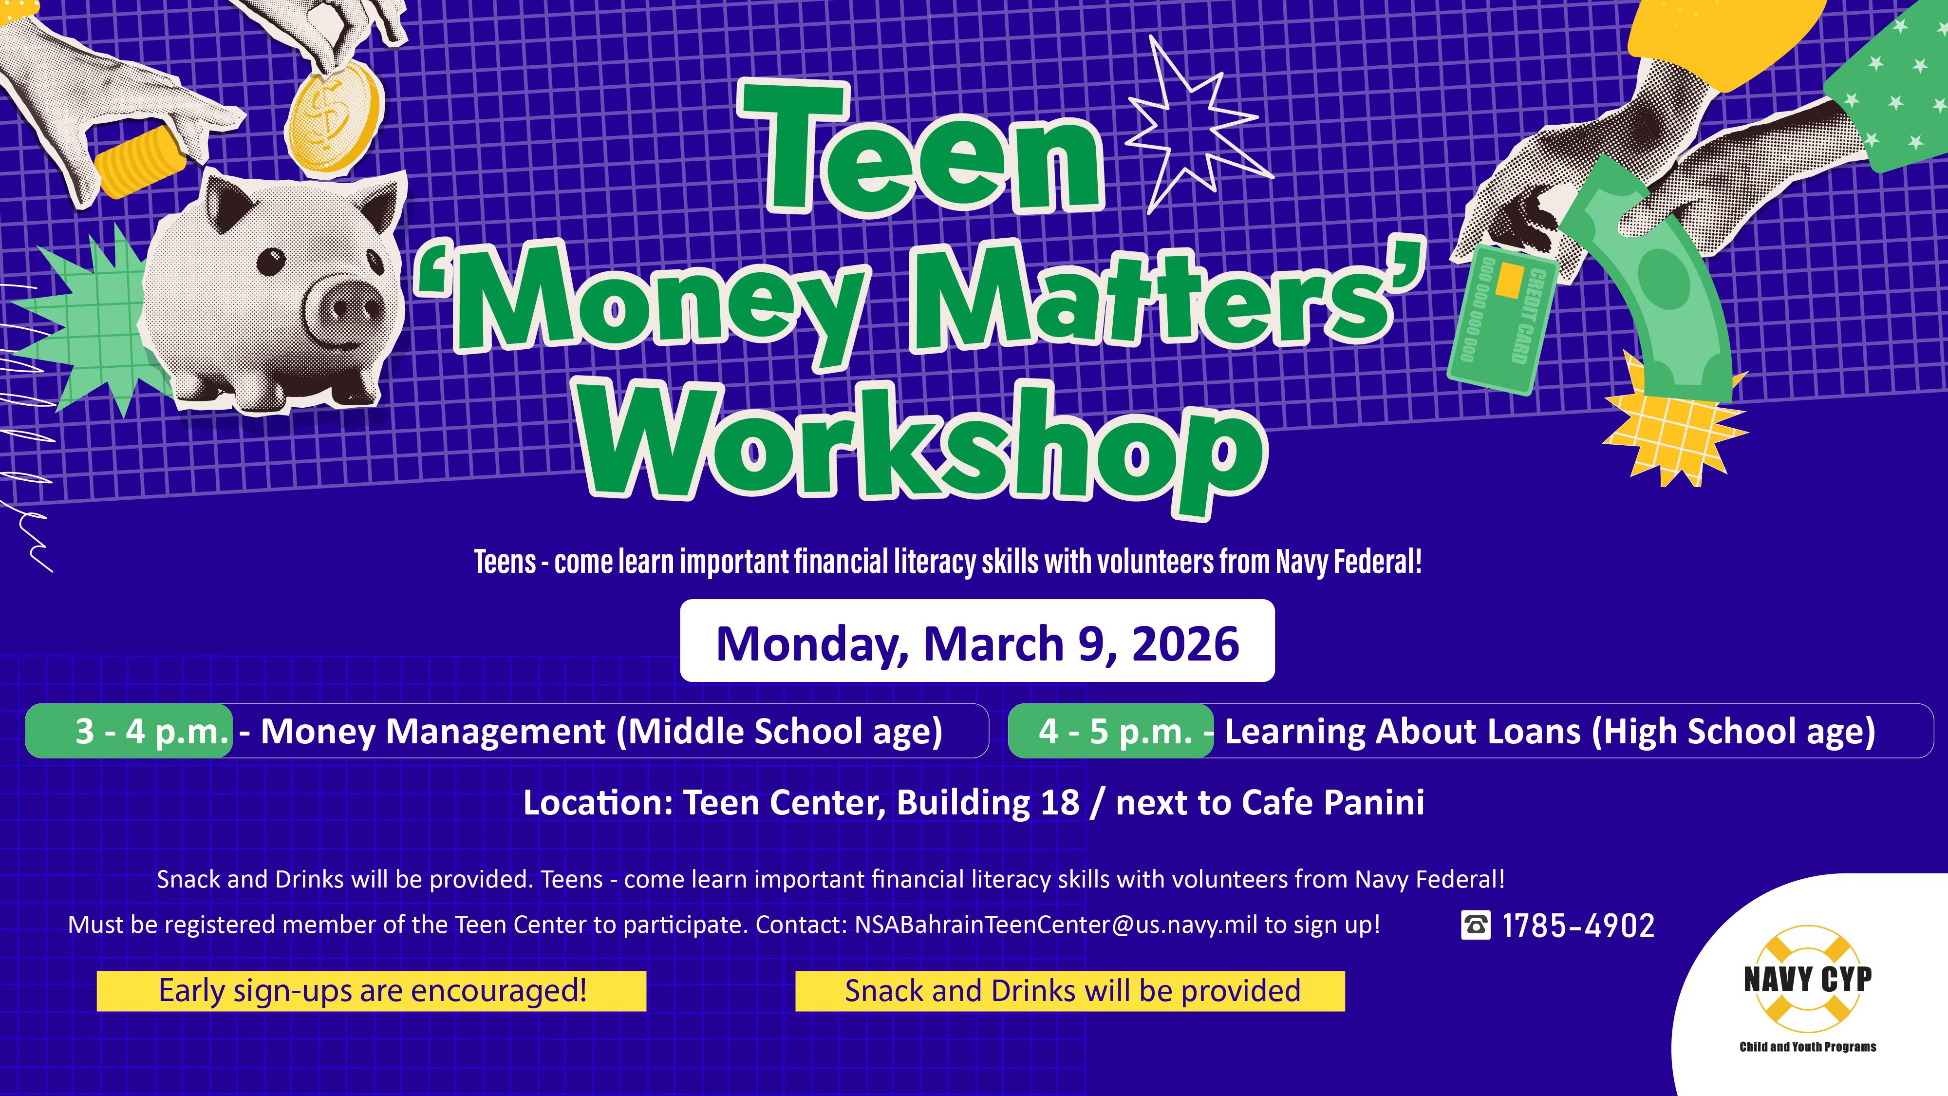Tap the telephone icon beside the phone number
click(1475, 925)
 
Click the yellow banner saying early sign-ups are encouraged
click(371, 991)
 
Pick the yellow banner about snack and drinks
click(1070, 991)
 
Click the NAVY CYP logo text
click(1807, 980)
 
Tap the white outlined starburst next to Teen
click(1187, 129)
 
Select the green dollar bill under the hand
click(1656, 287)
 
